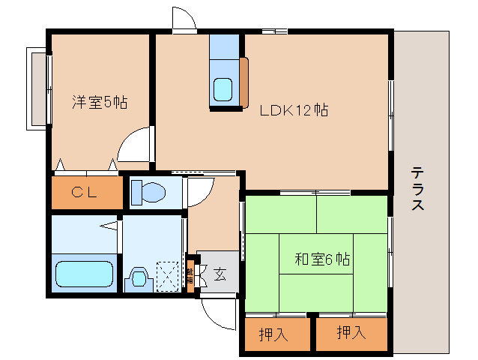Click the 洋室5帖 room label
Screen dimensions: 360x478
click(99, 103)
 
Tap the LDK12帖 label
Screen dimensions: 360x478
click(294, 109)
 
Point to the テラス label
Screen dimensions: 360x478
click(417, 188)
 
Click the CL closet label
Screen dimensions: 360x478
click(85, 193)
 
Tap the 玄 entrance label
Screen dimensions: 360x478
click(220, 274)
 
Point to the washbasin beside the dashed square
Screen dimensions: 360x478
click(139, 278)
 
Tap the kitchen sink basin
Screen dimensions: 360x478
click(224, 89)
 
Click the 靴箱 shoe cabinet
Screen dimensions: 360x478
click(190, 274)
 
